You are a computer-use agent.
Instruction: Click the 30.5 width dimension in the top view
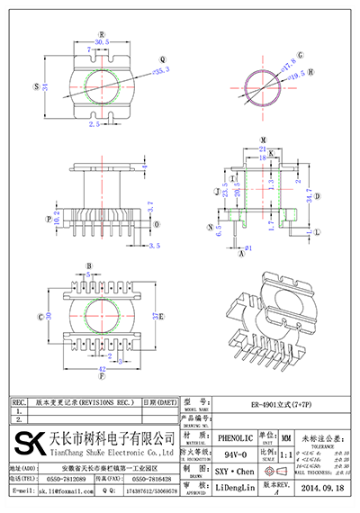click(101, 41)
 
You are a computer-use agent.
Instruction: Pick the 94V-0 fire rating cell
click(233, 454)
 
